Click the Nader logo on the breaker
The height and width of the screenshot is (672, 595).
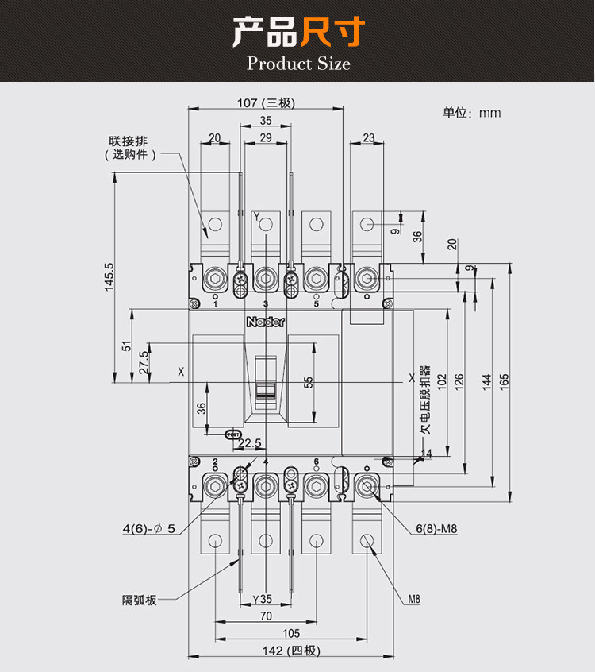[x=266, y=322]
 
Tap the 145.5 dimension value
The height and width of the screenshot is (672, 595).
[x=109, y=277]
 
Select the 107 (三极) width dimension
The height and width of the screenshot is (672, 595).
[x=266, y=102]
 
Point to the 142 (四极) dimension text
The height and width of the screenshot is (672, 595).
[x=291, y=651]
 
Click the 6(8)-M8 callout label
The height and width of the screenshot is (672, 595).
[x=436, y=528]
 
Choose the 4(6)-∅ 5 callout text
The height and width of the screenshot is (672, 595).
[x=149, y=528]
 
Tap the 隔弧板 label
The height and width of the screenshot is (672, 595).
[x=139, y=600]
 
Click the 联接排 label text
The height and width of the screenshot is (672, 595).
[x=128, y=141]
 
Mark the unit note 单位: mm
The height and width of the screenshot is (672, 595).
[x=472, y=113]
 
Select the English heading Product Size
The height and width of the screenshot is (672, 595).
[x=298, y=64]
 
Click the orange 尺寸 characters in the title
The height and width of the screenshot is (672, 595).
[x=332, y=32]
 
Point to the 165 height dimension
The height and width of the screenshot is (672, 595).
[x=504, y=381]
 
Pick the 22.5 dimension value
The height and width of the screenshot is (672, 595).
[x=250, y=442]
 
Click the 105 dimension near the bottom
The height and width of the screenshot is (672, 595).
[x=291, y=633]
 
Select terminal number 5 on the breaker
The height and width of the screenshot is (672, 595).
[x=317, y=304]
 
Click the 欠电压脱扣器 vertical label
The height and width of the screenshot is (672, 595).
[x=424, y=400]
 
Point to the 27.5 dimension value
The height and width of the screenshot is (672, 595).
[x=144, y=362]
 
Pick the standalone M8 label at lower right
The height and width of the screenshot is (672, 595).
[x=414, y=599]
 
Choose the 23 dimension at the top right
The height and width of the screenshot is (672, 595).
[x=369, y=137]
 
